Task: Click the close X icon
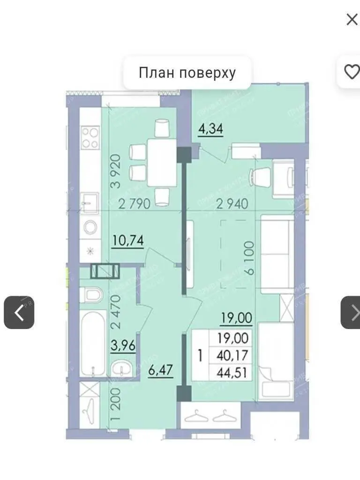tap(352, 19)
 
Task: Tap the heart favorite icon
tap(351, 72)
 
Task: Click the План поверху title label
tap(187, 73)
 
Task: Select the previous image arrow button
tap(19, 312)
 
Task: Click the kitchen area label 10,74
tap(127, 240)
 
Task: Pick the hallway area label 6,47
tap(161, 370)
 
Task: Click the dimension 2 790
tap(134, 204)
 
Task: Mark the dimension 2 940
tap(232, 204)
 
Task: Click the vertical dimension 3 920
tap(116, 171)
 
